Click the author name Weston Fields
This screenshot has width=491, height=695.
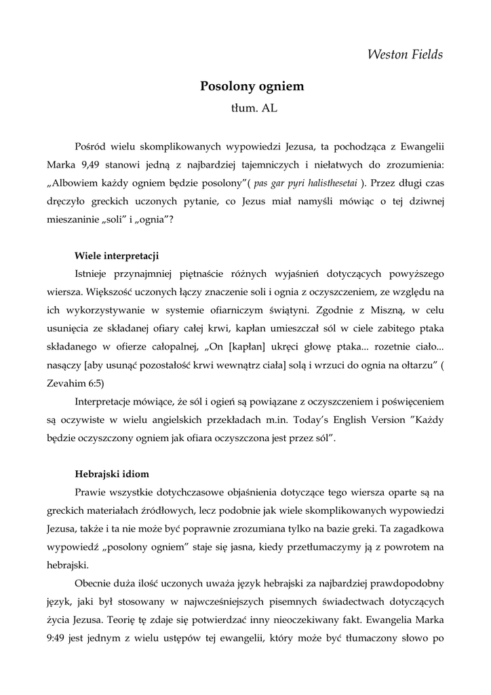(405, 54)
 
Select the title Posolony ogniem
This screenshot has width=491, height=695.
(252, 86)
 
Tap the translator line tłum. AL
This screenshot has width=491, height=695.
(252, 108)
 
